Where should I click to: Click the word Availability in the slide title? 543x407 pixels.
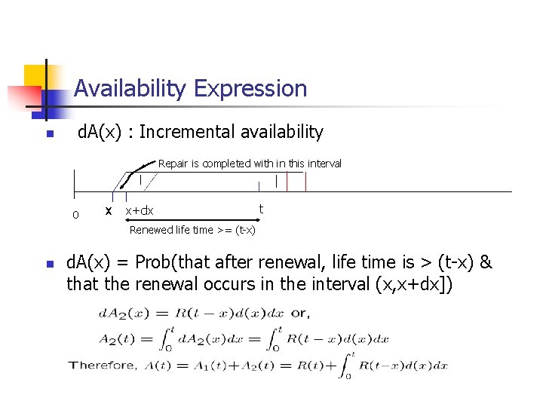130,89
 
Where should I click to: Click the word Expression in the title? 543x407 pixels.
250,89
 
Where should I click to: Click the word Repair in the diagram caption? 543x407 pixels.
173,164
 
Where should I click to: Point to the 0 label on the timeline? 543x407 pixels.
75,215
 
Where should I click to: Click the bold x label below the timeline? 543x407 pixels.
109,210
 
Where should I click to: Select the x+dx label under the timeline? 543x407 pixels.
139,211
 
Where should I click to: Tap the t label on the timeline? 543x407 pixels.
261,209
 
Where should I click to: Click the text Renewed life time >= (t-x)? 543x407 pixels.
192,230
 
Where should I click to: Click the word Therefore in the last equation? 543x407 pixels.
103,365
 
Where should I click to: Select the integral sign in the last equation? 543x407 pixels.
347,365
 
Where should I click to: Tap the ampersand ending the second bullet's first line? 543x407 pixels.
486,262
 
